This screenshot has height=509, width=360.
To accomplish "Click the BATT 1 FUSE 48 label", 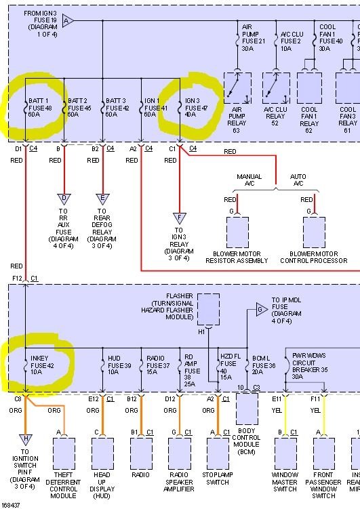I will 40,107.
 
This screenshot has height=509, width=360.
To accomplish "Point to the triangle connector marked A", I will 66,22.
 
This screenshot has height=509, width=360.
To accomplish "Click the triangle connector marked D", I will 64,199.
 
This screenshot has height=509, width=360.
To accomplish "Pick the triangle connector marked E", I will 103,199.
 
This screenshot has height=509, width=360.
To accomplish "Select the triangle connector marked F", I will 179,218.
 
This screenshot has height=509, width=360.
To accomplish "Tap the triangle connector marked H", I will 26,440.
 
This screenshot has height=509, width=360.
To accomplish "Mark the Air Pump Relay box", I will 237,88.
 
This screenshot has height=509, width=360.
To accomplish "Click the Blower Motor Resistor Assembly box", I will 237,232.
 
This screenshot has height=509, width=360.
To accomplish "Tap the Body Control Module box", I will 247,408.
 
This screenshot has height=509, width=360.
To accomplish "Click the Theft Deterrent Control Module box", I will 64,453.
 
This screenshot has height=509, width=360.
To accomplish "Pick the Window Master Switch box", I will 285,453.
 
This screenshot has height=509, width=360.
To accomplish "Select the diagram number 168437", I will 11,505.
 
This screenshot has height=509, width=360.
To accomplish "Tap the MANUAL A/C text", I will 249,180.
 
